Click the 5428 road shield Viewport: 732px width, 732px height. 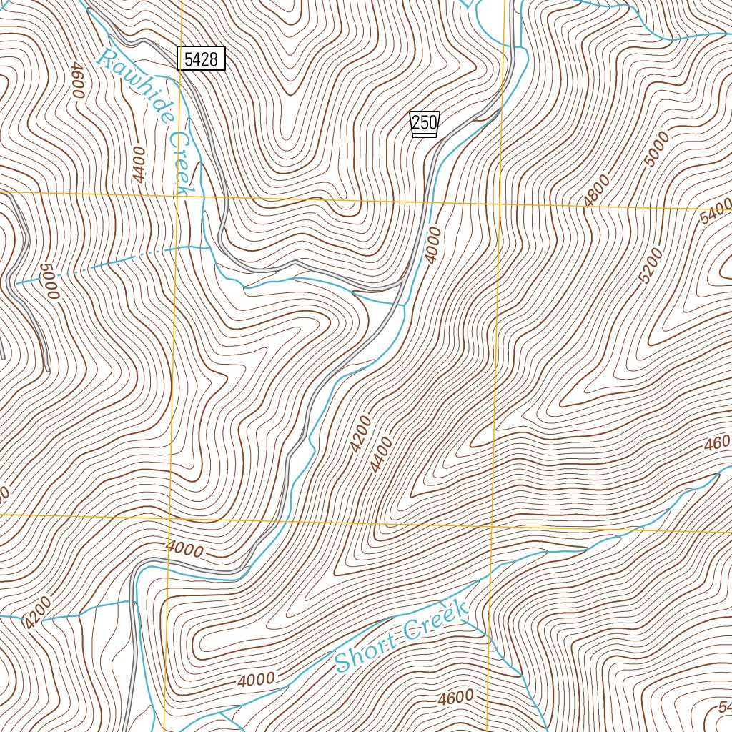[x=201, y=59]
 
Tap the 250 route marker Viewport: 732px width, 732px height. [x=424, y=123]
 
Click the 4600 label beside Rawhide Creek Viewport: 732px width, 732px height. [x=76, y=80]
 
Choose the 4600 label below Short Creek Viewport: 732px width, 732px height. [x=457, y=697]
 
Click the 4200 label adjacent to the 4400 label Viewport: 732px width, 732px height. [x=361, y=434]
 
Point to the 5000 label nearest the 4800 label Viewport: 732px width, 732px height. [x=656, y=149]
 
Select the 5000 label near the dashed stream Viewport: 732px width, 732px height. [x=49, y=282]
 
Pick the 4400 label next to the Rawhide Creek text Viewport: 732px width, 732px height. [x=139, y=165]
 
